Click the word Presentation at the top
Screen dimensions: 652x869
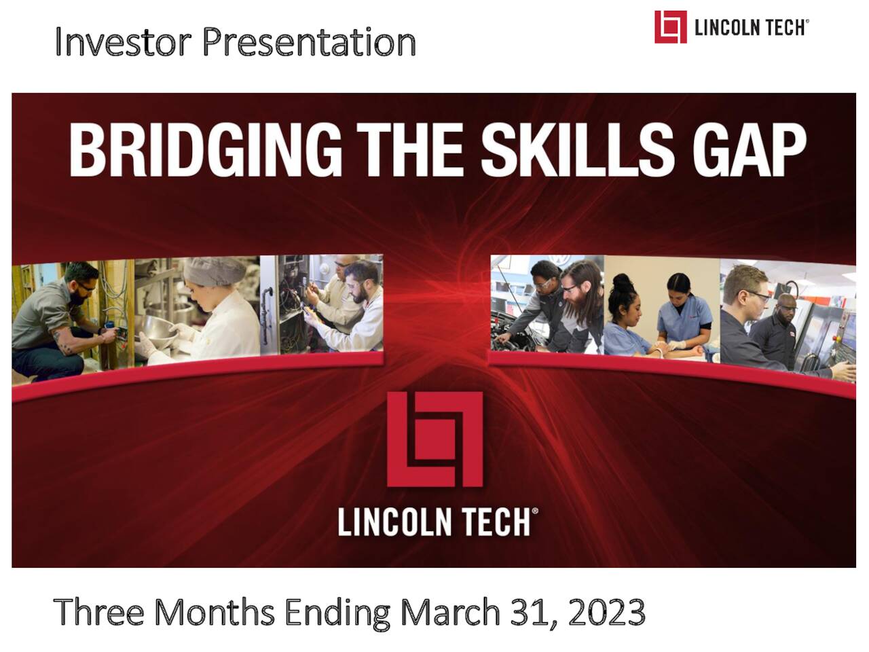click(x=309, y=41)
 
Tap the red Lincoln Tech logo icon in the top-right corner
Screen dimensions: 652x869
click(x=670, y=27)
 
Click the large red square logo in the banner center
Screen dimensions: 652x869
click(x=434, y=438)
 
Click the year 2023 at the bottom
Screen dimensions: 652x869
click(x=607, y=613)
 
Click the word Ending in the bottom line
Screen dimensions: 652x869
click(x=337, y=613)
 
